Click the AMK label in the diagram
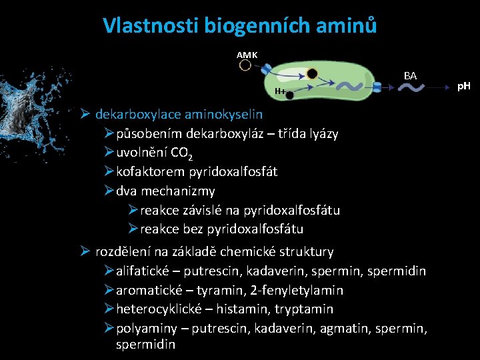247,54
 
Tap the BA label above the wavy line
410,76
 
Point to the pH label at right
463,86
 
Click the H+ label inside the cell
280,91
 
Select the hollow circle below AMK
245,65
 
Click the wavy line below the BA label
410,87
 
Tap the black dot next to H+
290,95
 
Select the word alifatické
143,271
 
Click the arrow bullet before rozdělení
85,252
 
